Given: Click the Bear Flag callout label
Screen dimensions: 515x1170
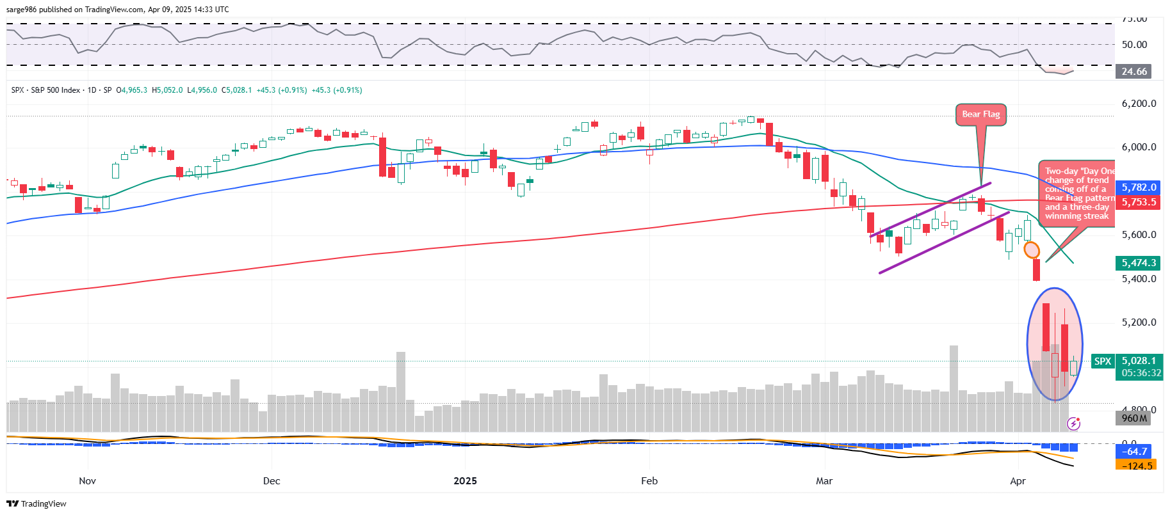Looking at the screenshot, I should coord(980,115).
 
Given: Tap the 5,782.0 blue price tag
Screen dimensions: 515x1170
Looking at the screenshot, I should coord(1139,187).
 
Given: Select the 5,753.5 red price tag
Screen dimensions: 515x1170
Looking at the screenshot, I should coord(1139,202).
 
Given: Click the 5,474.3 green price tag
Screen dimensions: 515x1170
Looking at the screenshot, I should coord(1139,263).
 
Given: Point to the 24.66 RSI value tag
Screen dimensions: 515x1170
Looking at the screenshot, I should coord(1133,72).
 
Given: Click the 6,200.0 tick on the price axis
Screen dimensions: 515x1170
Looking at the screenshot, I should coord(1139,104).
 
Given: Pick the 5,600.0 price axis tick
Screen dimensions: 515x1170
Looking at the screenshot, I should coord(1139,235).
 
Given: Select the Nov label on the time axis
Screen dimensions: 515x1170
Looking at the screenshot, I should coord(87,481).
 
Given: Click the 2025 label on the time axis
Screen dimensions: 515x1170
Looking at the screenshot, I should coord(465,481).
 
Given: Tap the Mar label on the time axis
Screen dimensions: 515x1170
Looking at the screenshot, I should coord(824,481).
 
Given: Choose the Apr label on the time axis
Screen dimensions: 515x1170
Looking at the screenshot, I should coord(1018,481).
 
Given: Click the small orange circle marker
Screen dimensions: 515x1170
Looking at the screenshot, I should coord(1032,250).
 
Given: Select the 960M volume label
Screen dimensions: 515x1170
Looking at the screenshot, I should coord(1134,418).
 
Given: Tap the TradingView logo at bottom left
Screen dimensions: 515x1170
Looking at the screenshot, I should coord(37,503).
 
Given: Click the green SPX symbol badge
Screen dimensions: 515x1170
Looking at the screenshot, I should coord(1103,361).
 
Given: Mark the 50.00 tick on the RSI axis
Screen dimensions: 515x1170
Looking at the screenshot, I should coord(1134,45).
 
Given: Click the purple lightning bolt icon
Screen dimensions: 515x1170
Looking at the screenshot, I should coord(1074,424).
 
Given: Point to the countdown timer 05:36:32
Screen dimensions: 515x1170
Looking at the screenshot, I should coord(1141,373).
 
